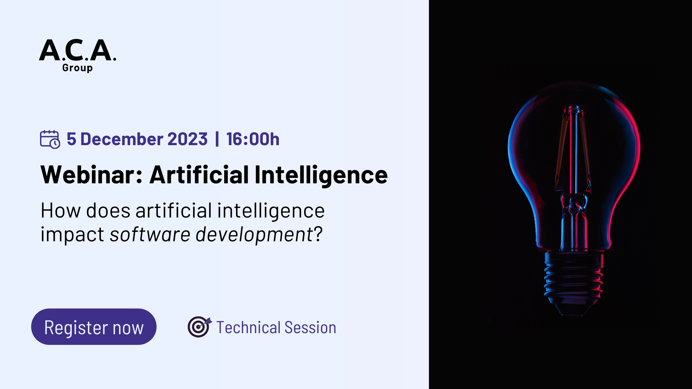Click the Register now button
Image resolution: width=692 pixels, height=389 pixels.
94,327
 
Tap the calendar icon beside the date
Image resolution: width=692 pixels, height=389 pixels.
50,139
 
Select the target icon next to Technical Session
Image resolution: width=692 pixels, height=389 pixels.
199,327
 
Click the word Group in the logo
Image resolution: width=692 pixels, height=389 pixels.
77,68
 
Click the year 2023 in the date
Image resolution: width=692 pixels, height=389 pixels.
187,139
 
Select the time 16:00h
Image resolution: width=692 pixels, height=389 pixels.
253,139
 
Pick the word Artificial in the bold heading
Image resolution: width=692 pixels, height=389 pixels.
199,175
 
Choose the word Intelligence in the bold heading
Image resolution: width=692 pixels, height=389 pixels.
321,175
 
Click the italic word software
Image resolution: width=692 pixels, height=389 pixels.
150,234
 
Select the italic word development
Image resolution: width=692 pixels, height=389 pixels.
254,234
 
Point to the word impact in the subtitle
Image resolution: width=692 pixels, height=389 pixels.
72,234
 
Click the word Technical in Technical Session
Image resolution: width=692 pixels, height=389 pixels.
248,327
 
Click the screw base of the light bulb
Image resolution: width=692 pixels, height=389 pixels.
573,281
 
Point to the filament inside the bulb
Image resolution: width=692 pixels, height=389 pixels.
575,151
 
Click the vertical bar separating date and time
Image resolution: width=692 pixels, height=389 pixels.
217,139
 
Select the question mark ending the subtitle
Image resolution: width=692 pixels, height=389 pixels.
318,234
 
